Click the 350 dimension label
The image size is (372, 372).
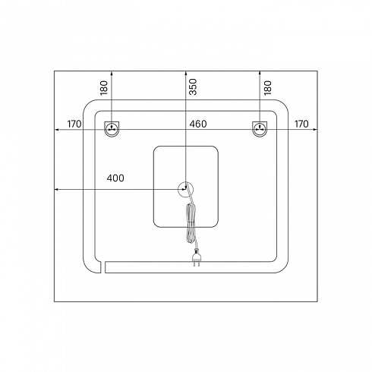click(193, 87)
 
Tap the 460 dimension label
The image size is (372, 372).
click(198, 124)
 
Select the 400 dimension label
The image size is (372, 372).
click(115, 178)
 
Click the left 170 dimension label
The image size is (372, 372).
click(74, 124)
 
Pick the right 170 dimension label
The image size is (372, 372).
click(301, 124)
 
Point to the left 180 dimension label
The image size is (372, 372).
click(104, 88)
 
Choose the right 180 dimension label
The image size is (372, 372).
click(267, 88)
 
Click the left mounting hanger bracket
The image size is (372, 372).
click(112, 129)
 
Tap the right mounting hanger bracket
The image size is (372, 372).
click(260, 129)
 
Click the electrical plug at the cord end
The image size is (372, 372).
click(196, 257)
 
